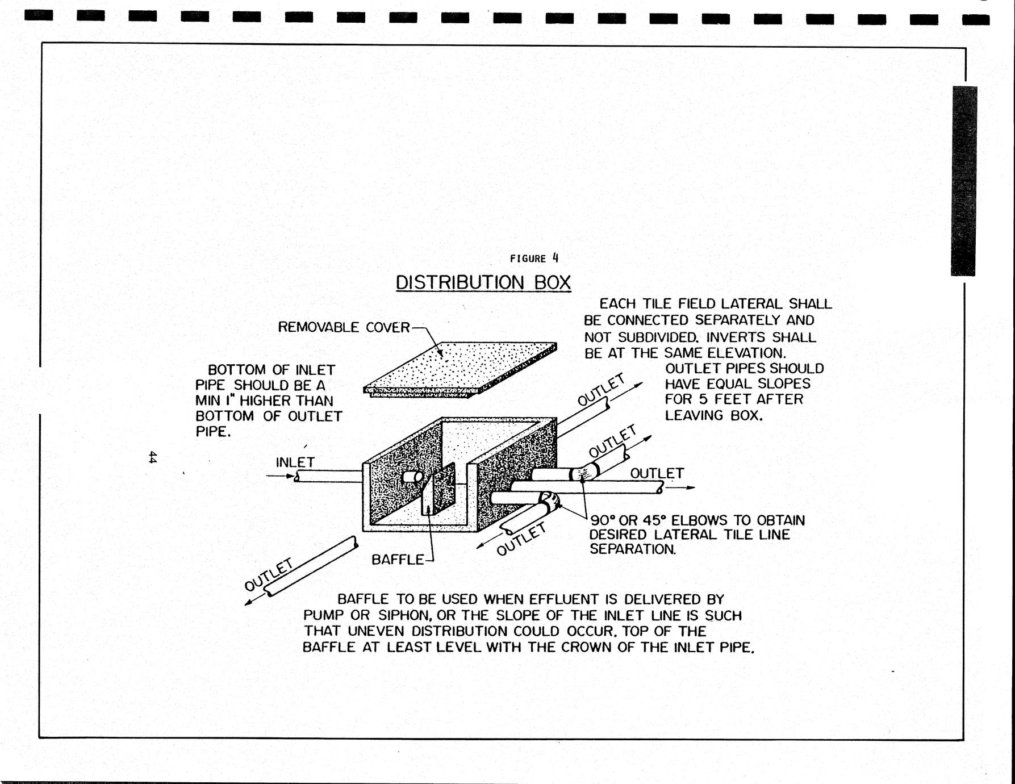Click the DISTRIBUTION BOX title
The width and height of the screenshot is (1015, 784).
tap(483, 282)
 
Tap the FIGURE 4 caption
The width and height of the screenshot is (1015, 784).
tap(534, 258)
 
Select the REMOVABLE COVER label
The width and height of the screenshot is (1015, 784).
tap(344, 327)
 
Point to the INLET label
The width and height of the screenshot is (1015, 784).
tap(295, 462)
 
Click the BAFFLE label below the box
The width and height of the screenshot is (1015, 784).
tap(398, 560)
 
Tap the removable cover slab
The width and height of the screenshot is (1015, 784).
tap(460, 366)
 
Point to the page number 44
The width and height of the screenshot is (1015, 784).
tap(152, 457)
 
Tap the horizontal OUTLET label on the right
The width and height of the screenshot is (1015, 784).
tap(657, 473)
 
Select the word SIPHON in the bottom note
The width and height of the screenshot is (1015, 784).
tap(405, 615)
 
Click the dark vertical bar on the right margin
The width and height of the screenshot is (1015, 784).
tap(963, 181)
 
